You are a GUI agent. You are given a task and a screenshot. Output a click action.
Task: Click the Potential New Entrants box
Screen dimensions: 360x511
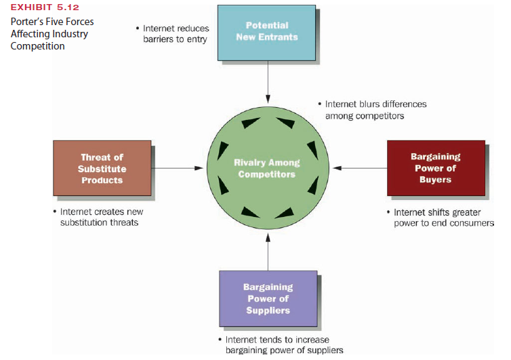tap(266, 31)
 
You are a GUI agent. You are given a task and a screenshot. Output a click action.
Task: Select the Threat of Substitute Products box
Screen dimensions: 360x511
tap(102, 168)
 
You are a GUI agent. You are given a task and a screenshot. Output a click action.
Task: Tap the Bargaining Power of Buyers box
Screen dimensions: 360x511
tap(435, 168)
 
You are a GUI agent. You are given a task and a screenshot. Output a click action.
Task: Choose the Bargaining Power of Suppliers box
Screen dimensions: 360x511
tap(268, 298)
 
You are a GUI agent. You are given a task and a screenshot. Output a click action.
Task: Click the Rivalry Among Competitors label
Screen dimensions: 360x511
tap(266, 168)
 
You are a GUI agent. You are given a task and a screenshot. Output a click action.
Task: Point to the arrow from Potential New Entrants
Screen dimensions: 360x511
tap(268, 79)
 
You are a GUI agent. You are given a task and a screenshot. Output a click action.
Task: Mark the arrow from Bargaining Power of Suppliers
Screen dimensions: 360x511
tap(268, 251)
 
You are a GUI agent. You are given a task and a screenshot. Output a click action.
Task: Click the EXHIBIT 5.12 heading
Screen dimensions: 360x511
tap(41, 8)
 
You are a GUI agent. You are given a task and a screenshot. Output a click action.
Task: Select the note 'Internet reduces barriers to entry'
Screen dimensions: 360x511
tap(175, 34)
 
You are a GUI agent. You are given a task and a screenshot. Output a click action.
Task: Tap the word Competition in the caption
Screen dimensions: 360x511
tap(37, 46)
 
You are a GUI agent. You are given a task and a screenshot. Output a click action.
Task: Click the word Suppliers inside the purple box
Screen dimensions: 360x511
tap(268, 311)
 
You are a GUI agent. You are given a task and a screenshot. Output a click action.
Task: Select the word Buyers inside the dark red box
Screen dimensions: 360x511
tap(435, 180)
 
